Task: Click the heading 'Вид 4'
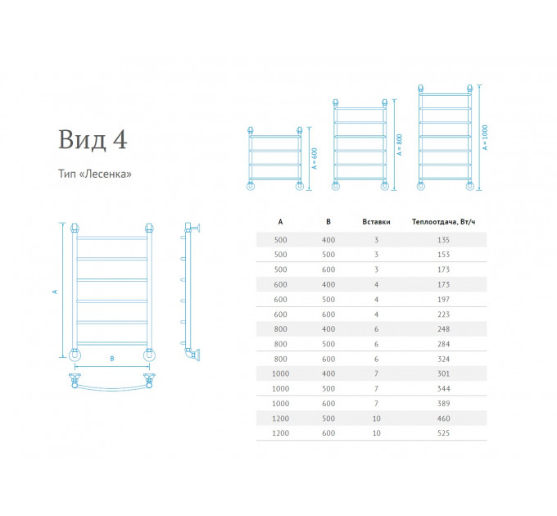point(93,139)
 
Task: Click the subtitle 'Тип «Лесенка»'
point(95,174)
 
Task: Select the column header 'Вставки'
point(376,222)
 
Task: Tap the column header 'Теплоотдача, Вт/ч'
point(443,222)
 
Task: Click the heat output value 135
point(443,240)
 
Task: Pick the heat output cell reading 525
point(443,433)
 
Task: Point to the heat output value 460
point(443,419)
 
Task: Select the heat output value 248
point(443,329)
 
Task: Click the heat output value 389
point(443,404)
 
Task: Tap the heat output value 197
point(443,300)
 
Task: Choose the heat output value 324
point(443,359)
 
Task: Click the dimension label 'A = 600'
point(315,158)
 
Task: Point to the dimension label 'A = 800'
point(399,144)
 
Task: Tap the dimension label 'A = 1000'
point(485,138)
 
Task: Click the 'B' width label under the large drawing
point(112,359)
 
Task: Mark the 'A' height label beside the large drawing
point(55,292)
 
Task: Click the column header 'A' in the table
point(280,222)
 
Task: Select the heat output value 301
point(443,373)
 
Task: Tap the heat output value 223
point(443,315)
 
